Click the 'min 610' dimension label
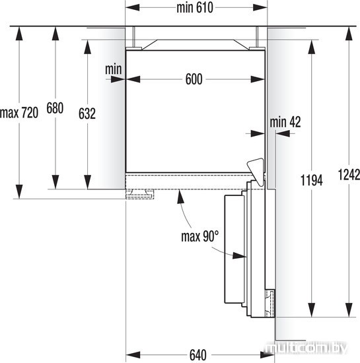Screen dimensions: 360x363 (x=195, y=8)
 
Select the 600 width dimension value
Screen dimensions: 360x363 (x=194, y=79)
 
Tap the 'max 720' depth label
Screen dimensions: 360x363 (x=19, y=113)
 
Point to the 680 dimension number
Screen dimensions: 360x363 (x=55, y=108)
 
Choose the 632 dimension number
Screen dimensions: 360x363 (x=87, y=114)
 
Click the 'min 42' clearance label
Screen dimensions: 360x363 (x=285, y=122)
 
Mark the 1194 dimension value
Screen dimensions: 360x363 (x=312, y=180)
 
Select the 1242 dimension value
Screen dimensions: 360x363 (x=349, y=175)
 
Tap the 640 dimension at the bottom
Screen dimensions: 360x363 (x=198, y=355)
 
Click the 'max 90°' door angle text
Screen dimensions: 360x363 (x=199, y=236)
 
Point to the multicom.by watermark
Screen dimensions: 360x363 (x=306, y=348)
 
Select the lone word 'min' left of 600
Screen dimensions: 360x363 (x=113, y=69)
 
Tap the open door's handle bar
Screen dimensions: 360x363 (x=234, y=249)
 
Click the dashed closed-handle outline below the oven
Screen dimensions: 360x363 (x=139, y=194)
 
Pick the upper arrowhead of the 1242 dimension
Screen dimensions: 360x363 (x=349, y=34)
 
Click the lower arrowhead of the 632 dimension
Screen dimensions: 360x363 (x=87, y=182)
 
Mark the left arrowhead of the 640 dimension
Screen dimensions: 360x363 (x=133, y=355)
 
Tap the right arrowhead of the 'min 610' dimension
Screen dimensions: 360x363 (x=260, y=8)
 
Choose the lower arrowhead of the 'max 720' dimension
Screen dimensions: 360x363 (x=19, y=191)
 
